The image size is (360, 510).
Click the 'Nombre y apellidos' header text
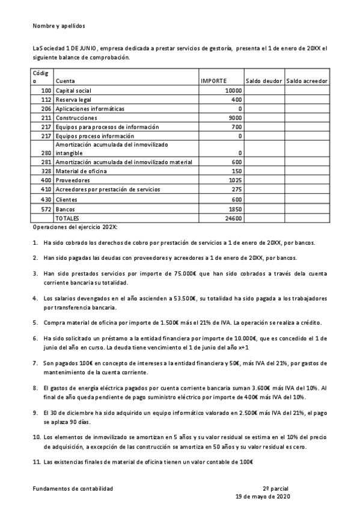coord(59,26)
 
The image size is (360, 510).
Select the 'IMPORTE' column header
coord(213,80)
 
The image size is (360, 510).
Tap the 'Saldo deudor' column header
coord(264,80)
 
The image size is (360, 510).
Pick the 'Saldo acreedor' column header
coord(307,80)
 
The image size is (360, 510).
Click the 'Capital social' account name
coord(73,90)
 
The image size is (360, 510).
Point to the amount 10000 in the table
coord(233,90)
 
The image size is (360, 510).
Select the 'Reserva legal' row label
coord(73,99)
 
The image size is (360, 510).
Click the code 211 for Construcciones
coord(46,118)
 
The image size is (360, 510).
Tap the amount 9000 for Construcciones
coord(236,118)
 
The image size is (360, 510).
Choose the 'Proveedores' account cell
coord(72,180)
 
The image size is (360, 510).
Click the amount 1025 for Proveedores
coord(235,180)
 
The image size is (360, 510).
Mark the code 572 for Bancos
coord(46,208)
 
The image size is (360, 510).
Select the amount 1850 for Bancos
coord(235,208)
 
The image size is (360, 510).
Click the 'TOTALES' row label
coord(67,218)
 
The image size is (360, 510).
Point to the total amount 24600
coord(233,218)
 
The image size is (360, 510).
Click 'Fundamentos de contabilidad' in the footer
coord(72,489)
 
